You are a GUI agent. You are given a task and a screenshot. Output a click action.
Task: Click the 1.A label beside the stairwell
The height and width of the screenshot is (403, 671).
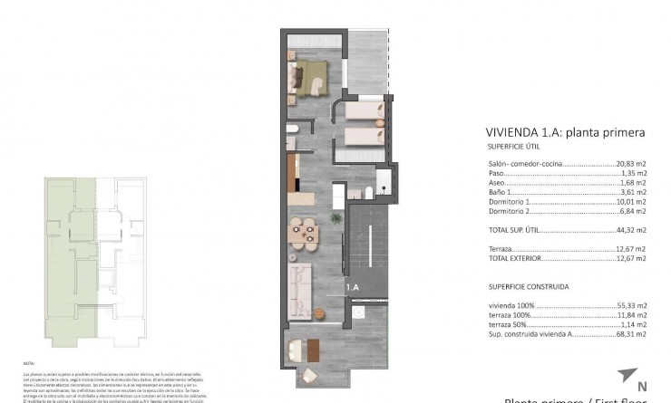pos(353,287)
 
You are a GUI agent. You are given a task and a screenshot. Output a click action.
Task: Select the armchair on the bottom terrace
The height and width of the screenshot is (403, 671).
pos(308,375)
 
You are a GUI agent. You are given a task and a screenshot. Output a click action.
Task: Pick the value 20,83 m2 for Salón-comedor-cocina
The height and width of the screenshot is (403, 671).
pos(628,162)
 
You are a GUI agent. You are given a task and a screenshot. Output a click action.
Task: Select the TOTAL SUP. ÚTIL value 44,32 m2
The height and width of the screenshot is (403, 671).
pos(628,229)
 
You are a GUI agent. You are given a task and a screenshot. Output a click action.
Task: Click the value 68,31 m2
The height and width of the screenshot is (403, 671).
pos(628,334)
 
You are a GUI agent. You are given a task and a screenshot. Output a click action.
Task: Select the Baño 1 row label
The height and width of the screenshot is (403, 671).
pos(501,191)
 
